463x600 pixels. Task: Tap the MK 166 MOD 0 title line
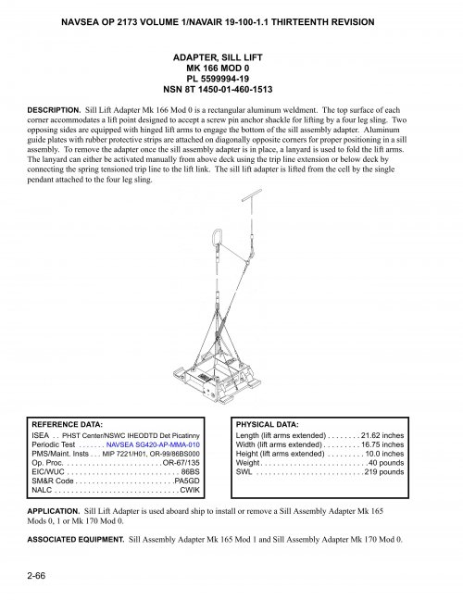[x=231, y=69]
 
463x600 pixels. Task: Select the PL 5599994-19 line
[x=231, y=80]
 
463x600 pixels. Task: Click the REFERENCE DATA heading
[x=73, y=423]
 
